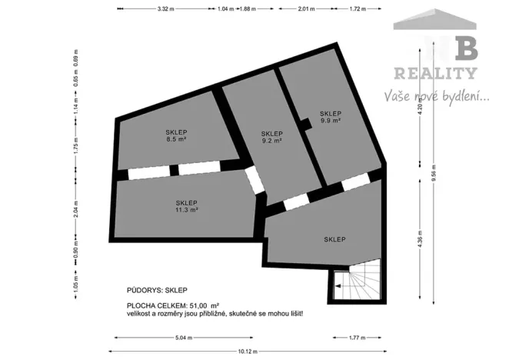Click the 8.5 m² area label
176,141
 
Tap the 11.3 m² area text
186,209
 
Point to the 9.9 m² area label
331,121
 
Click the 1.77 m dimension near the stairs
358,337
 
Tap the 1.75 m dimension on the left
75,152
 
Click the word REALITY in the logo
435,74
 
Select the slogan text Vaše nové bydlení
436,97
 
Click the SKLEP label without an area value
334,239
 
